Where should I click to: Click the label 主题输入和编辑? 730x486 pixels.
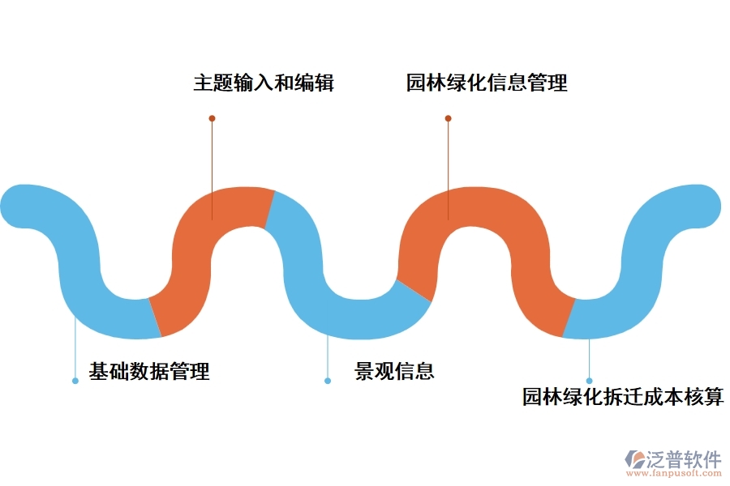[264, 83]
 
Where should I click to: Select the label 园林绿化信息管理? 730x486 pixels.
[487, 83]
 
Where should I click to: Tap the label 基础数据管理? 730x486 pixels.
[149, 372]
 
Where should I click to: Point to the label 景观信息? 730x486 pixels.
[394, 371]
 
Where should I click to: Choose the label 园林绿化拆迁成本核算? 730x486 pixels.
[622, 397]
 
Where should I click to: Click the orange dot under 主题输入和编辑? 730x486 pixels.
[212, 118]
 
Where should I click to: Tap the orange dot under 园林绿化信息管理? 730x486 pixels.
[448, 118]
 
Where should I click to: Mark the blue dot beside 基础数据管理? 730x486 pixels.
[75, 380]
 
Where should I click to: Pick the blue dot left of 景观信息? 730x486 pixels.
[328, 380]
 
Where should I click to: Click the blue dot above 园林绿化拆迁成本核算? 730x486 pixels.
[590, 380]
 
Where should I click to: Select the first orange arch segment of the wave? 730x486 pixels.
[203, 243]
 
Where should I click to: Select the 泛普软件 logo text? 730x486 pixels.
[683, 459]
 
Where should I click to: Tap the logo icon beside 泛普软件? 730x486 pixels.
[633, 460]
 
